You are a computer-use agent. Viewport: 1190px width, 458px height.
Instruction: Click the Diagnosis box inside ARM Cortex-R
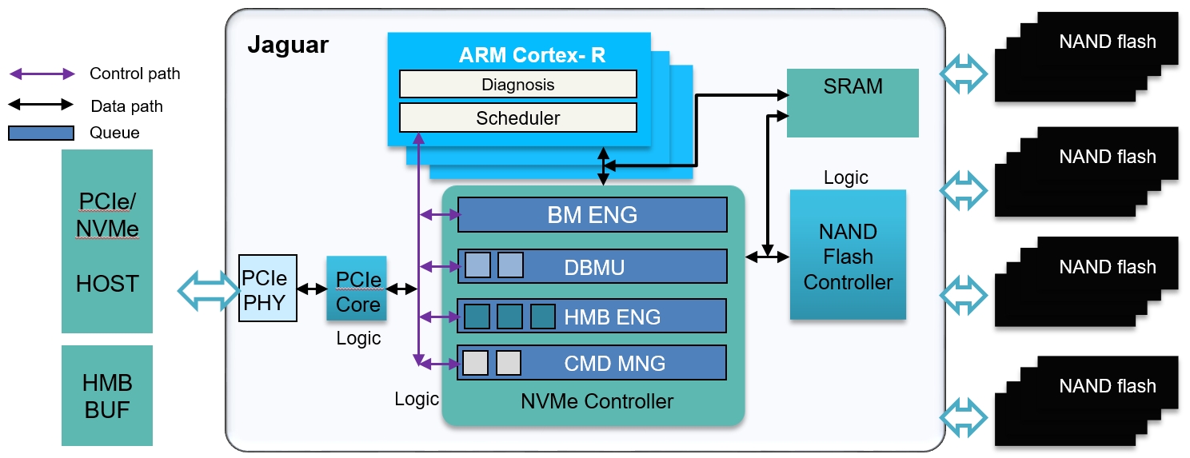click(x=517, y=84)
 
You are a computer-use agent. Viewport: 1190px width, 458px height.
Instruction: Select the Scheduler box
click(x=517, y=118)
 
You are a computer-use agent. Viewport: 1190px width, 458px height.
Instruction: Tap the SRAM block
click(x=853, y=102)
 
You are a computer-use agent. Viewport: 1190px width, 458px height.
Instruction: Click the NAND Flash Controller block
click(x=848, y=257)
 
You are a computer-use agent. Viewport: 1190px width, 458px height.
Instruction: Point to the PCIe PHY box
click(x=267, y=289)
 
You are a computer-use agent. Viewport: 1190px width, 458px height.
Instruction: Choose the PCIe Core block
click(x=357, y=289)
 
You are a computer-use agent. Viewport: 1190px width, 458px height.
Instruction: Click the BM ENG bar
click(x=592, y=214)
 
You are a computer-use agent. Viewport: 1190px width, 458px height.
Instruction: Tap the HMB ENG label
click(x=613, y=317)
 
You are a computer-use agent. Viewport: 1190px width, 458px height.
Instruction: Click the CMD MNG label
click(x=614, y=364)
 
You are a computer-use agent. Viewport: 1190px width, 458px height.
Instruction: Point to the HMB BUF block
click(x=106, y=396)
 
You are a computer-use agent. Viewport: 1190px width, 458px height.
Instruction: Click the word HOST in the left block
click(x=107, y=284)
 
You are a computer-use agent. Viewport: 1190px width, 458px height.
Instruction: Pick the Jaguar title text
click(x=288, y=44)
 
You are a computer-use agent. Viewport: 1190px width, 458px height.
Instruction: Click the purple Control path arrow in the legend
click(x=42, y=74)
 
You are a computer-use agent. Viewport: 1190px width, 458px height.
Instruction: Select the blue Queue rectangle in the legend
click(x=41, y=133)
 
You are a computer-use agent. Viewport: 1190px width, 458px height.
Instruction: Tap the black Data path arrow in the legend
click(x=42, y=105)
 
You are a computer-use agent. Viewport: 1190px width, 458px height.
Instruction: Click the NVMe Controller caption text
click(x=597, y=401)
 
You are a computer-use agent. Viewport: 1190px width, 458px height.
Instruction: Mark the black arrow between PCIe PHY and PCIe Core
click(x=312, y=289)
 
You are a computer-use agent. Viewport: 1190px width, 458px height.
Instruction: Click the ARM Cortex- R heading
click(x=532, y=56)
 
